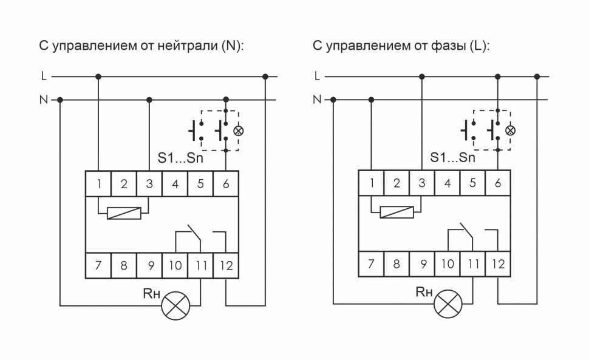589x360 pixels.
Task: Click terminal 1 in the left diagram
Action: click(98, 183)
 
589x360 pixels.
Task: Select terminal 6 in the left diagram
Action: click(226, 183)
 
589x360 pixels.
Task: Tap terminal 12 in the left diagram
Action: click(226, 265)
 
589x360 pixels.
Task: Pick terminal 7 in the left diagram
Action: click(98, 265)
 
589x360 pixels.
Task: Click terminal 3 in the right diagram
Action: click(421, 183)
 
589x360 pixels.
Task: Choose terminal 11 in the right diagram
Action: click(472, 265)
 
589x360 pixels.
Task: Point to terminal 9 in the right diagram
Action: click(421, 265)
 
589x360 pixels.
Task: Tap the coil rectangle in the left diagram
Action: click(123, 214)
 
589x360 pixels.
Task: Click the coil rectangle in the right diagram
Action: click(396, 212)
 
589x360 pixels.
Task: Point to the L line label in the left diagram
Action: click(43, 77)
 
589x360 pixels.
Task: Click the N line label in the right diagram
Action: click(316, 100)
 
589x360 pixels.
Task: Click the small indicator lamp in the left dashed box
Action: click(238, 131)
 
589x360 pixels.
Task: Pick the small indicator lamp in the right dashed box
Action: click(510, 131)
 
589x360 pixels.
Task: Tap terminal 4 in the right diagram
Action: click(447, 183)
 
